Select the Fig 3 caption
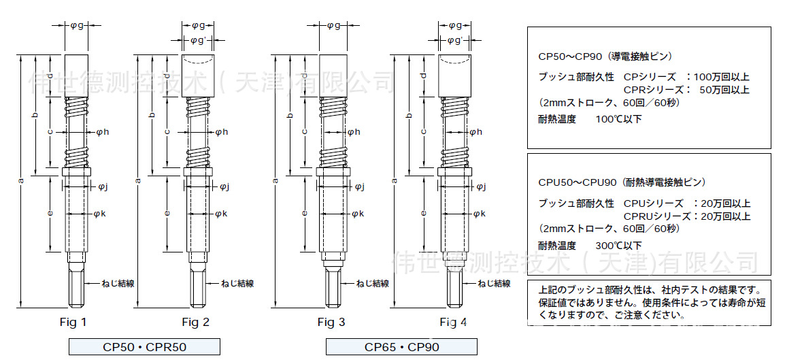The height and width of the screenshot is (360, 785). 331,322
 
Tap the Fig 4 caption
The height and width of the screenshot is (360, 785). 453,322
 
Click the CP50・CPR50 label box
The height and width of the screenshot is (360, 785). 144,347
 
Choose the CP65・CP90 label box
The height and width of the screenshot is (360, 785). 401,347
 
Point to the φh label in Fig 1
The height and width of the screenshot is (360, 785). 103,132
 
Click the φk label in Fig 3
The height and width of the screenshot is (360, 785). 357,214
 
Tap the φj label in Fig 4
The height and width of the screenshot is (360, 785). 480,186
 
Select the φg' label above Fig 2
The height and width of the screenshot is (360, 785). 198,41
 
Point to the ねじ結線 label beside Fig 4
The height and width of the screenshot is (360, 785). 494,283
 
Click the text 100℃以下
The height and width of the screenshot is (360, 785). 618,119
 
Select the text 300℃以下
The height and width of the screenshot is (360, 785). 618,246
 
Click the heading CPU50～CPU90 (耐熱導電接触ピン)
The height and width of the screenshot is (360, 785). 621,182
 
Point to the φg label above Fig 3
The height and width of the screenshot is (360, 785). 333,26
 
